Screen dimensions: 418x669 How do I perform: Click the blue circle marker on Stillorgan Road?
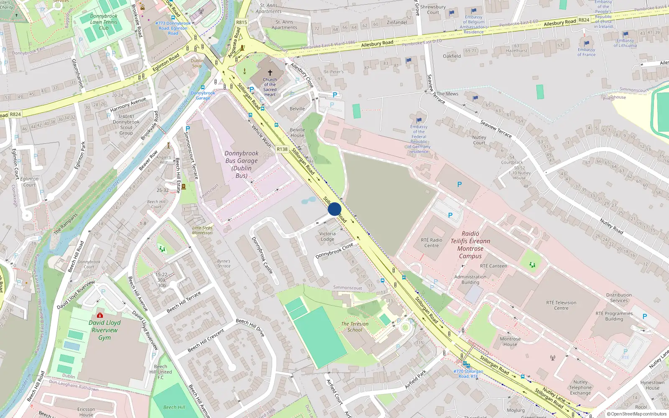click(x=334, y=209)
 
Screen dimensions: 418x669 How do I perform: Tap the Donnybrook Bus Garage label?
click(x=242, y=165)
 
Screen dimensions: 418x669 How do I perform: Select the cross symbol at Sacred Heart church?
click(x=270, y=73)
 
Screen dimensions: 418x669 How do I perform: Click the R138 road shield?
click(x=282, y=149)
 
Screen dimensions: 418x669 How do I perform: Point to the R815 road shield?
click(x=242, y=23)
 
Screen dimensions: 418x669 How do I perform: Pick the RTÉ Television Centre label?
click(x=561, y=306)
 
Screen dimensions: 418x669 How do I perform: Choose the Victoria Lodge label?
click(x=327, y=237)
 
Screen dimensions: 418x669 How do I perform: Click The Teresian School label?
click(x=355, y=327)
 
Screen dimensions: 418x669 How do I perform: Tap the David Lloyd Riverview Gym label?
click(x=105, y=330)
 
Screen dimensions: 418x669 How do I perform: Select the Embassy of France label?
click(x=586, y=52)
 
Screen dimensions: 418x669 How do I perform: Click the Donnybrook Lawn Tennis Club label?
click(x=104, y=22)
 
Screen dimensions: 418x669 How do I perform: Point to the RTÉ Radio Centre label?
click(x=432, y=243)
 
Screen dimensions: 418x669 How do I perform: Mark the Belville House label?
click(x=297, y=133)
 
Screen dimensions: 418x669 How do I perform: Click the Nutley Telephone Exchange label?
click(x=580, y=387)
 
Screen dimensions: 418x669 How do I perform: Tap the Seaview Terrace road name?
click(x=496, y=129)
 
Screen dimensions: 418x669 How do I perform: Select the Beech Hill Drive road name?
click(x=250, y=328)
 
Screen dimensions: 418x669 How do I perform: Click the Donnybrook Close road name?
click(x=334, y=251)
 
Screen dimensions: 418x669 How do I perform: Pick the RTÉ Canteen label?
click(x=494, y=266)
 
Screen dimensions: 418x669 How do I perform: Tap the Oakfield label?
click(x=452, y=56)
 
